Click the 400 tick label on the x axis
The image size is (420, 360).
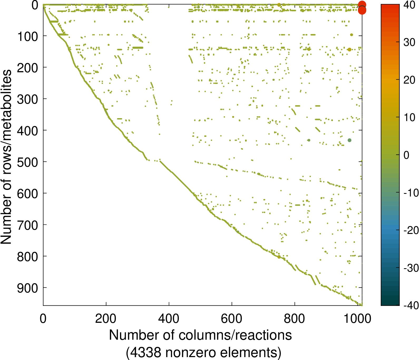tap(169, 319)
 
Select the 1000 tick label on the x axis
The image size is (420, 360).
tap(358, 319)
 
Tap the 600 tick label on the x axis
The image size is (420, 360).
tap(232, 319)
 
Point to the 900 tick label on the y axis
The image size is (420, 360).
tap(28, 288)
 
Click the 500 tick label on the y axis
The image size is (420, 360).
tap(28, 162)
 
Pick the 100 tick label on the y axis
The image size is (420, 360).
tap(28, 36)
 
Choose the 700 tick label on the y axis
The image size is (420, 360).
tap(28, 225)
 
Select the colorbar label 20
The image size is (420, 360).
tap(409, 80)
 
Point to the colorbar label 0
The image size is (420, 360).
tap(406, 155)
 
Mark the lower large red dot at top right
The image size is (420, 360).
tap(362, 10)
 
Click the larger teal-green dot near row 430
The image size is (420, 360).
tap(349, 140)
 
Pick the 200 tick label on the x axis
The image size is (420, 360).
tap(106, 319)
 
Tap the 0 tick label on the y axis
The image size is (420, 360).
tap(35, 5)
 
